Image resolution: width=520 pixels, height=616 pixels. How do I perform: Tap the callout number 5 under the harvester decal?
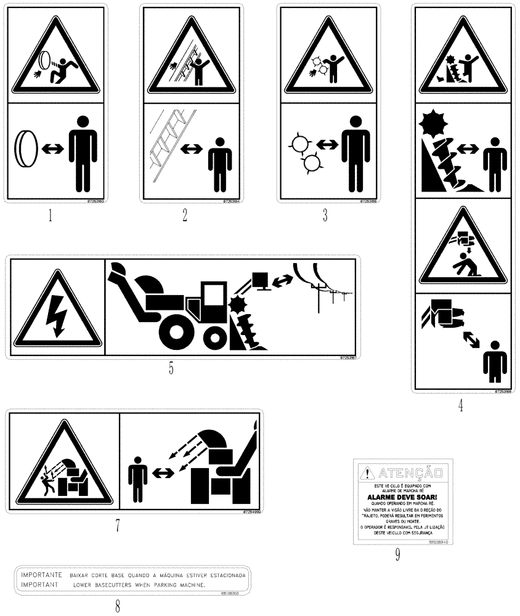pos(171,368)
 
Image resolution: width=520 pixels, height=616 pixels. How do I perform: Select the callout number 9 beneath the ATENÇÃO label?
pos(397,555)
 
